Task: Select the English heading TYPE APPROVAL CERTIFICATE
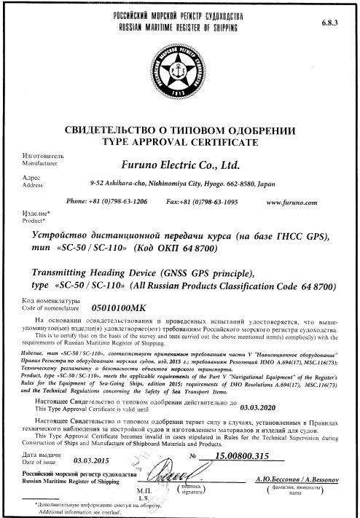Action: click(181, 138)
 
